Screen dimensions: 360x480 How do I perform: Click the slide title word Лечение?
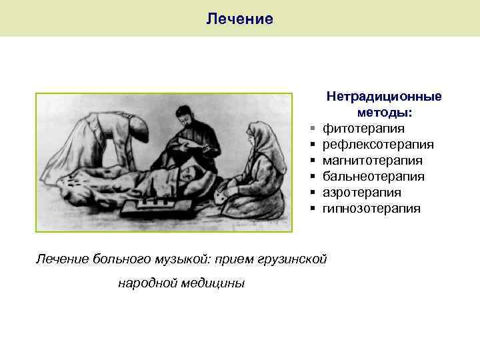(239, 19)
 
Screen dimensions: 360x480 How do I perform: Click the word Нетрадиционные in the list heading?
(383, 97)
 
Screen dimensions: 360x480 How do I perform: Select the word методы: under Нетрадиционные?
(384, 113)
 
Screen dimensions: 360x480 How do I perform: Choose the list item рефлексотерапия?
(378, 145)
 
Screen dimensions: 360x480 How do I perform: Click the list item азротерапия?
(362, 193)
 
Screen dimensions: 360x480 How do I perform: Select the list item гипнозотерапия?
(372, 209)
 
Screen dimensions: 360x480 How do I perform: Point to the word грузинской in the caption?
(293, 259)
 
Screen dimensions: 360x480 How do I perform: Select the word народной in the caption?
(146, 283)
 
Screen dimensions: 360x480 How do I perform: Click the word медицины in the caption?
(213, 283)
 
